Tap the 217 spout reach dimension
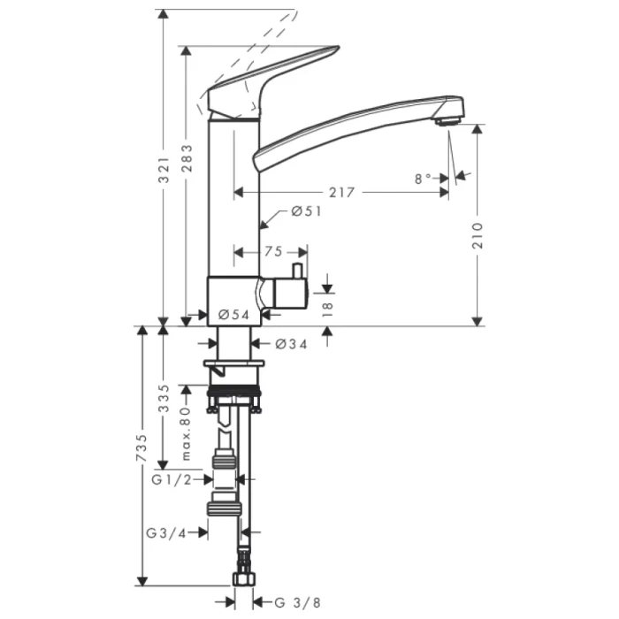click(340, 192)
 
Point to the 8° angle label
click(423, 179)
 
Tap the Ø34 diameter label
click(291, 344)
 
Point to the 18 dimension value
click(327, 307)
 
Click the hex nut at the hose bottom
click(243, 580)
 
